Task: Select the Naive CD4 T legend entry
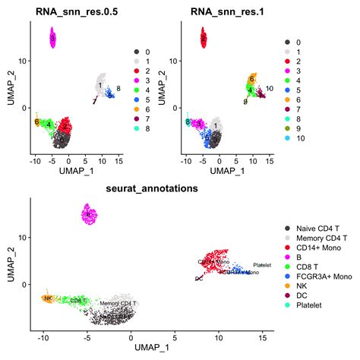point(308,228)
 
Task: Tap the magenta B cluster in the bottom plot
point(89,216)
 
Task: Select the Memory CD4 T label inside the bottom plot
point(119,303)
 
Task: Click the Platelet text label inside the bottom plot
point(261,265)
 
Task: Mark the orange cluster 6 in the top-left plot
point(36,122)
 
